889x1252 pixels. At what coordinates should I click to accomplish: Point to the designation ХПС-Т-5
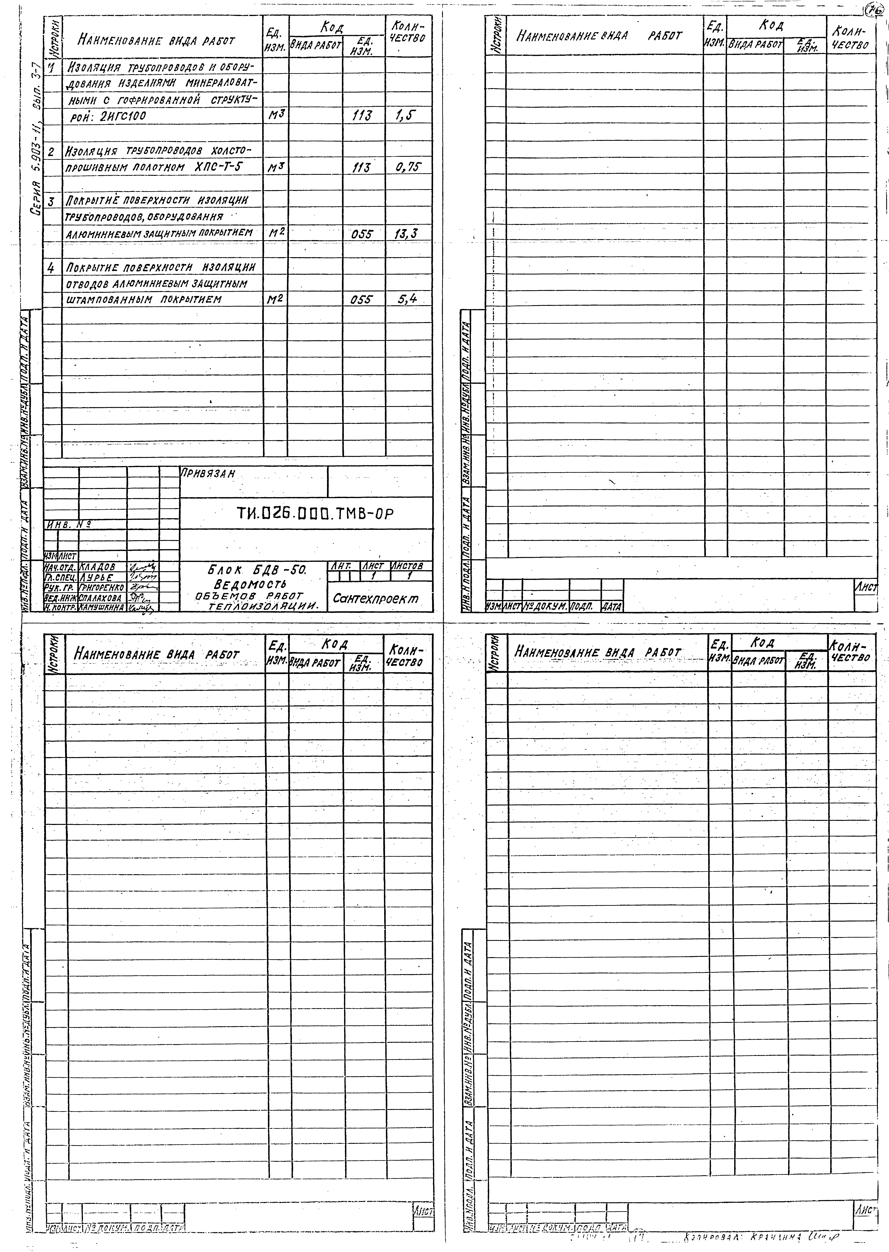[x=218, y=167]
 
